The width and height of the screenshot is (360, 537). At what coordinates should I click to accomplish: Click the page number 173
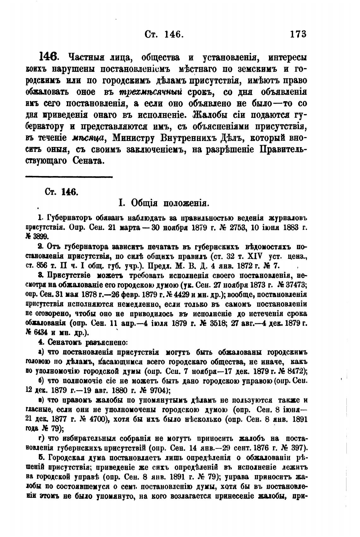[x=298, y=34]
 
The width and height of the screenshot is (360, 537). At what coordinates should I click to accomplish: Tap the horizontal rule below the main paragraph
[x=69, y=177]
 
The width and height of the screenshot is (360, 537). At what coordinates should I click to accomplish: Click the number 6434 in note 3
[x=41, y=333]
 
